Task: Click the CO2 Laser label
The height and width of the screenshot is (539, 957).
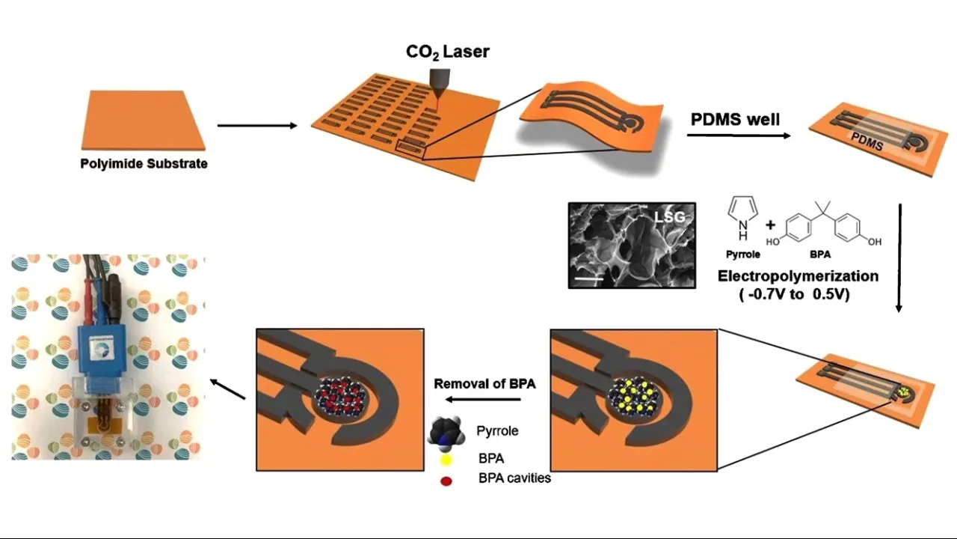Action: [447, 52]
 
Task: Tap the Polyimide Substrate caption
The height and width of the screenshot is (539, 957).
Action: [144, 163]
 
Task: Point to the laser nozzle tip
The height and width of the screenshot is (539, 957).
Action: [437, 94]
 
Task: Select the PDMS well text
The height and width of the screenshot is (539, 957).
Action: [735, 119]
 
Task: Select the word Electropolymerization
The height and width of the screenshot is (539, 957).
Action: [798, 276]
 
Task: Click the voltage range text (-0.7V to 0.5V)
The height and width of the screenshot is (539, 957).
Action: [798, 294]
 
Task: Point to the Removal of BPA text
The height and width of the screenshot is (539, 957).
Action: [484, 384]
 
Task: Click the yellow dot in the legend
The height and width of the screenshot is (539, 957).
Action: [446, 459]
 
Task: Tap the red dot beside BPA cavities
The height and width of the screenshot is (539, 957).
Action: [446, 481]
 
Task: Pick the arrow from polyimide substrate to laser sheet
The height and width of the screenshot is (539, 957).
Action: [257, 126]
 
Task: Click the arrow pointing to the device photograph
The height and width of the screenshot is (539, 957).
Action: [227, 389]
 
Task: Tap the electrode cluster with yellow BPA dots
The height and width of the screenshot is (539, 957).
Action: [634, 395]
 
